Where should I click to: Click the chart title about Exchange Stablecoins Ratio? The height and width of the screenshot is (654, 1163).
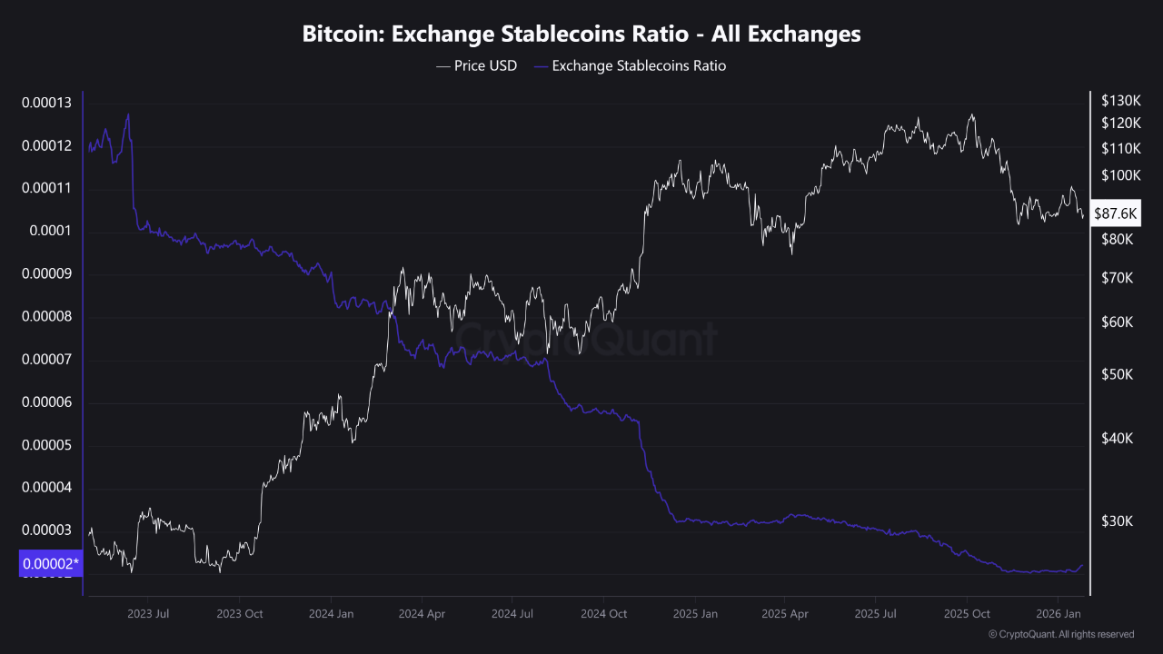point(581,35)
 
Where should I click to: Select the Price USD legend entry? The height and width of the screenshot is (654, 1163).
point(477,65)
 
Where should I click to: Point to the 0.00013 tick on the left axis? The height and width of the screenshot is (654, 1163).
point(46,103)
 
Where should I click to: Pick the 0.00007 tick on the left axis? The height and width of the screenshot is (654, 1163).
point(46,360)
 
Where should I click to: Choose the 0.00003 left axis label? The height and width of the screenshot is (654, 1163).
point(46,530)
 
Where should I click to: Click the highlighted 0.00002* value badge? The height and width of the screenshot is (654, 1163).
point(50,564)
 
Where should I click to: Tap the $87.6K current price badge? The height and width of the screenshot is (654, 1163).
point(1115,213)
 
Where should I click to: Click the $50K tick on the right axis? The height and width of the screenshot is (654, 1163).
point(1115,374)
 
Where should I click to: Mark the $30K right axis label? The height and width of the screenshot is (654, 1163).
point(1115,520)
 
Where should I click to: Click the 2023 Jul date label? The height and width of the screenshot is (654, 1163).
point(150,613)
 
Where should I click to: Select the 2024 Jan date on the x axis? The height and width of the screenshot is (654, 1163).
point(332,613)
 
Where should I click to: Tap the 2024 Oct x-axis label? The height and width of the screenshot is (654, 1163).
point(604,613)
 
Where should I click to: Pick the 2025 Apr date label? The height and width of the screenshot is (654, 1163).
point(786,613)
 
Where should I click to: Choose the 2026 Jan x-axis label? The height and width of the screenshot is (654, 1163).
point(1059,613)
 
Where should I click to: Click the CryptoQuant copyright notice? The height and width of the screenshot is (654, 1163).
point(1060,634)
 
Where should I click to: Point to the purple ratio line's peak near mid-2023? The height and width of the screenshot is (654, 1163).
point(128,114)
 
